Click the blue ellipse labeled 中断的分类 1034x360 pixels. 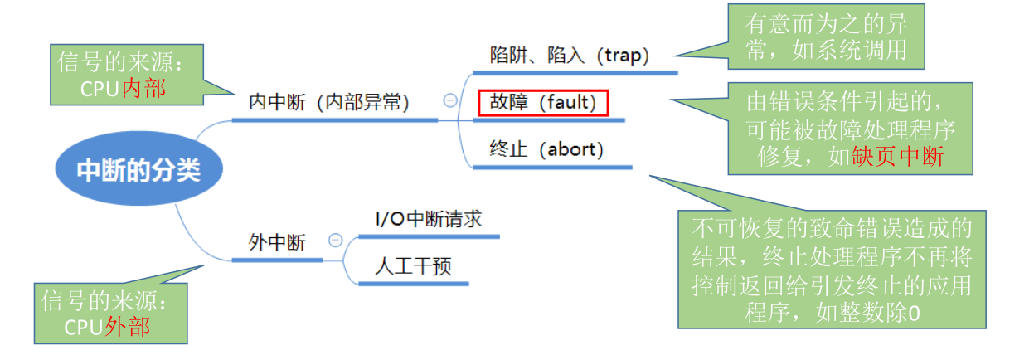pos(138,169)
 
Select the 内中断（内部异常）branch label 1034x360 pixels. pos(330,101)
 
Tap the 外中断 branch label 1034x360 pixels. pos(277,241)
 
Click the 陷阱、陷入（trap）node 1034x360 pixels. pos(570,55)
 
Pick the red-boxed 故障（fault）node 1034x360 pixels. pos(543,102)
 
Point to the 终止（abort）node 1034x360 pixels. pos(546,149)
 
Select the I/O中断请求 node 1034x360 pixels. pos(428,219)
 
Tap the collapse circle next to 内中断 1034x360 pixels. pos(450,100)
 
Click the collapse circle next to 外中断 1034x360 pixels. pos(336,241)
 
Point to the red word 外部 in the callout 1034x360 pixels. pos(128,326)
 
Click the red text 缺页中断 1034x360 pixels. pos(897,157)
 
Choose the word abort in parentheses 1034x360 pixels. pos(570,149)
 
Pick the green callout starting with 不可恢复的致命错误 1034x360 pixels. pos(832,270)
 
